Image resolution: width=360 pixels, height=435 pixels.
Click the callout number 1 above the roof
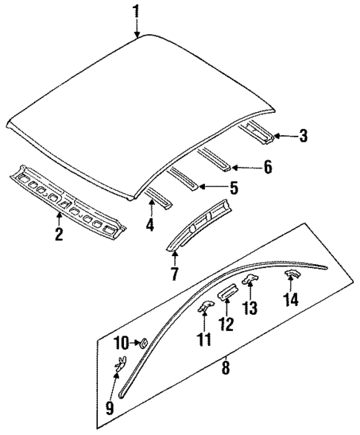[x=136, y=10]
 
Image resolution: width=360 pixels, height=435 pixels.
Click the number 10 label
[x=122, y=342]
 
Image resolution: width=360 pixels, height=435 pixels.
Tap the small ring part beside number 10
[x=142, y=342]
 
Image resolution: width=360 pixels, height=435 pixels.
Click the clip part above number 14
[x=292, y=274]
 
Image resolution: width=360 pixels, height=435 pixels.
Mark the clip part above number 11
[x=204, y=308]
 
